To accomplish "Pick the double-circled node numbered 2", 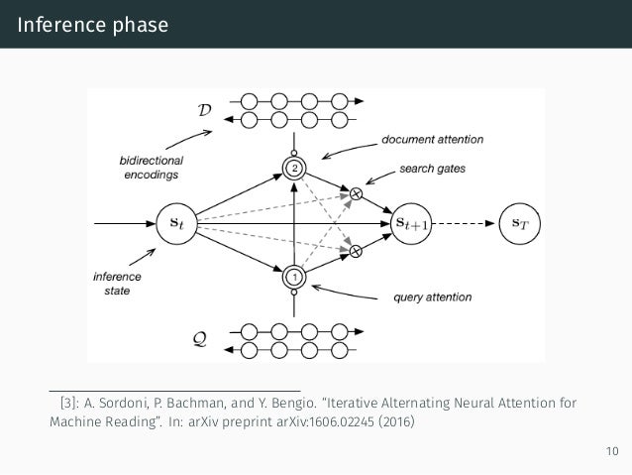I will pyautogui.click(x=293, y=168).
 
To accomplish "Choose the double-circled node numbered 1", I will pyautogui.click(x=293, y=277).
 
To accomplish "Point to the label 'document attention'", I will pyautogui.click(x=428, y=140).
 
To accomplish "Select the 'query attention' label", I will pyautogui.click(x=432, y=297).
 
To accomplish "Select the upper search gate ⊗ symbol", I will pyautogui.click(x=356, y=192).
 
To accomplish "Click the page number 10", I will pyautogui.click(x=610, y=453).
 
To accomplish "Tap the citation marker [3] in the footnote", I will pyautogui.click(x=69, y=404).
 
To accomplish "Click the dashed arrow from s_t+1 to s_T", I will pyautogui.click(x=464, y=222).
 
